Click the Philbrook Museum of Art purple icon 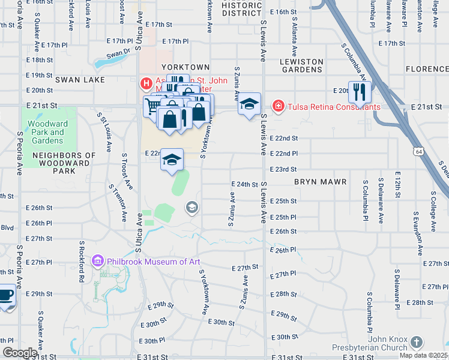pyautogui.click(x=98, y=261)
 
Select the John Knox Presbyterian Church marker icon pyautogui.click(x=416, y=343)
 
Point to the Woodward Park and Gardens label pyautogui.click(x=45, y=132)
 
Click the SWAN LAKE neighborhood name pyautogui.click(x=80, y=80)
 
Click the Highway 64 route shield pyautogui.click(x=418, y=153)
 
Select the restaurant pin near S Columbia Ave pyautogui.click(x=360, y=92)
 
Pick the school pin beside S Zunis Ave pyautogui.click(x=249, y=105)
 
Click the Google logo pyautogui.click(x=19, y=353)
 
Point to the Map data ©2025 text pyautogui.click(x=423, y=355)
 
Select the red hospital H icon pyautogui.click(x=145, y=83)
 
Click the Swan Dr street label pyautogui.click(x=118, y=54)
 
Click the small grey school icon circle pyautogui.click(x=192, y=208)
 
